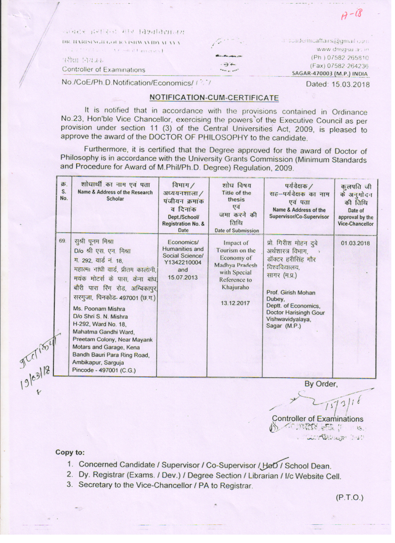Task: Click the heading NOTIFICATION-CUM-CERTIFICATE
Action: click(214, 98)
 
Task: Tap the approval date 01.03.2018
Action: click(355, 243)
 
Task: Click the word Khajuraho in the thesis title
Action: click(236, 288)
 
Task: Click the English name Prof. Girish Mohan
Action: click(290, 293)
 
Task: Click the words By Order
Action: click(321, 384)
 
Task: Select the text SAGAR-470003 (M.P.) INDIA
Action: click(330, 73)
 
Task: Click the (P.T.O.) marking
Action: click(349, 497)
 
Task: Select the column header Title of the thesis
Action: click(236, 197)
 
